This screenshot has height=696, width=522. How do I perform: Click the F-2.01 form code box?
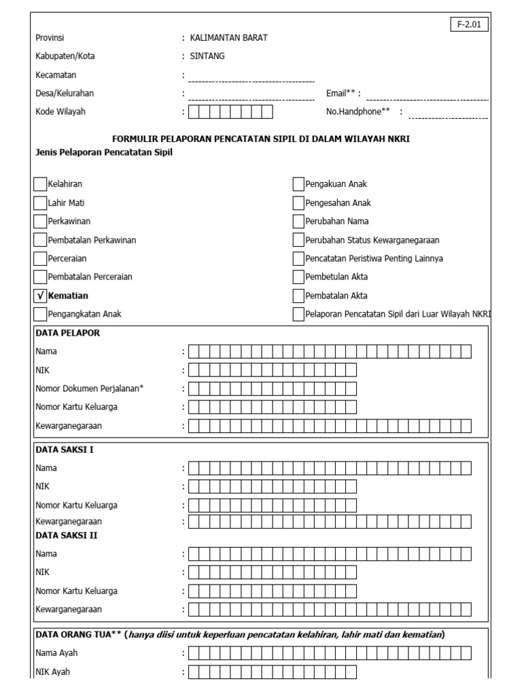pyautogui.click(x=469, y=25)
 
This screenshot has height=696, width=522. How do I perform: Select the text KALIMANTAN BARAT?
pyautogui.click(x=228, y=38)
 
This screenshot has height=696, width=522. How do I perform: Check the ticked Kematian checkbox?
pyautogui.click(x=40, y=296)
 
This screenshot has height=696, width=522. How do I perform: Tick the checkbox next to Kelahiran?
pyautogui.click(x=40, y=184)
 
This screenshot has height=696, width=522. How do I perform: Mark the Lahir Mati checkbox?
pyautogui.click(x=40, y=203)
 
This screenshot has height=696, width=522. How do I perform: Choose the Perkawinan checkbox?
pyautogui.click(x=40, y=221)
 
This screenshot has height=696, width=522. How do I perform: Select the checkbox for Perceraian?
pyautogui.click(x=40, y=258)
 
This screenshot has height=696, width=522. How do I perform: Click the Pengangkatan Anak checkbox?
pyautogui.click(x=40, y=314)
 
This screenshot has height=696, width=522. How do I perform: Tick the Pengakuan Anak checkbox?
pyautogui.click(x=298, y=184)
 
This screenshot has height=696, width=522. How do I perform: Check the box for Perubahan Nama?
pyautogui.click(x=298, y=221)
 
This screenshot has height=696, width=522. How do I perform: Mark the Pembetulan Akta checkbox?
pyautogui.click(x=298, y=277)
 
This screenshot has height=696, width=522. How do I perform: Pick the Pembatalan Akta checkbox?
pyautogui.click(x=298, y=296)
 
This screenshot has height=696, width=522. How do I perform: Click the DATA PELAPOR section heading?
pyautogui.click(x=67, y=334)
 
